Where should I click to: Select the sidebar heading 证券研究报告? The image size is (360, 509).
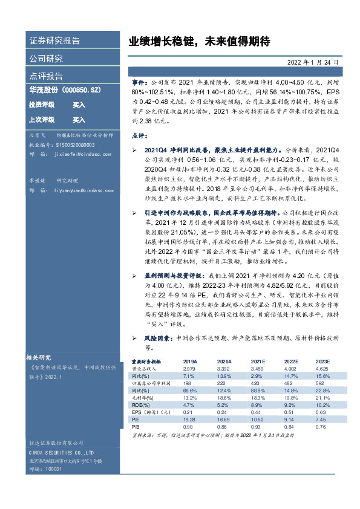[x=54, y=41]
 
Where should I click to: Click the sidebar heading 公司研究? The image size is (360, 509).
[x=46, y=59]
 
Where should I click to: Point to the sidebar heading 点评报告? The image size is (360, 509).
[x=46, y=76]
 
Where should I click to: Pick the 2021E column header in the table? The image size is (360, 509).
[x=258, y=361]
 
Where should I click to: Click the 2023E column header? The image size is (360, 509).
[x=322, y=361]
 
